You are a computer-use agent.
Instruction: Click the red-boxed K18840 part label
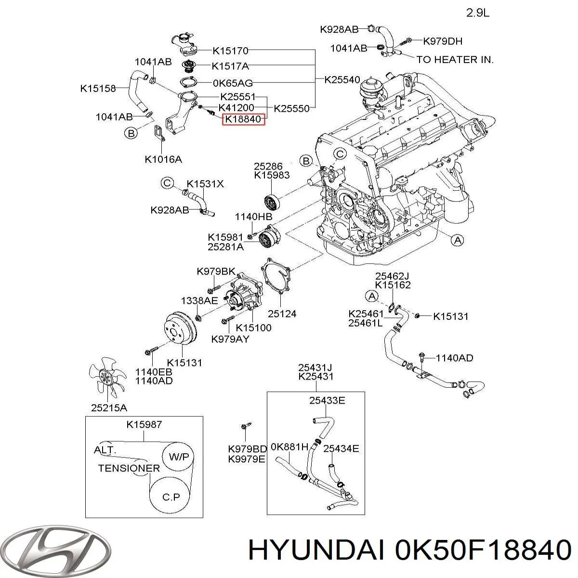(x=243, y=118)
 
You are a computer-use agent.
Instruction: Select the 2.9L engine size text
(x=478, y=13)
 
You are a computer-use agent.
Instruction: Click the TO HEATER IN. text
(x=455, y=60)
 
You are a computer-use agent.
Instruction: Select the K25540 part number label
(x=342, y=79)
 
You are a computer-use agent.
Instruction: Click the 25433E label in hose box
(x=327, y=400)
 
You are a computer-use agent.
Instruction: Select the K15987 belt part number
(x=144, y=424)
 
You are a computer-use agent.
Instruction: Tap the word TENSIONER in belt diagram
(x=129, y=468)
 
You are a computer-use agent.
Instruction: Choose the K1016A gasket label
(x=163, y=159)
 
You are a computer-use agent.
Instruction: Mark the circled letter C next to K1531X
(x=167, y=183)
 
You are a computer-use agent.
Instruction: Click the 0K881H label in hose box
(x=289, y=447)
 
